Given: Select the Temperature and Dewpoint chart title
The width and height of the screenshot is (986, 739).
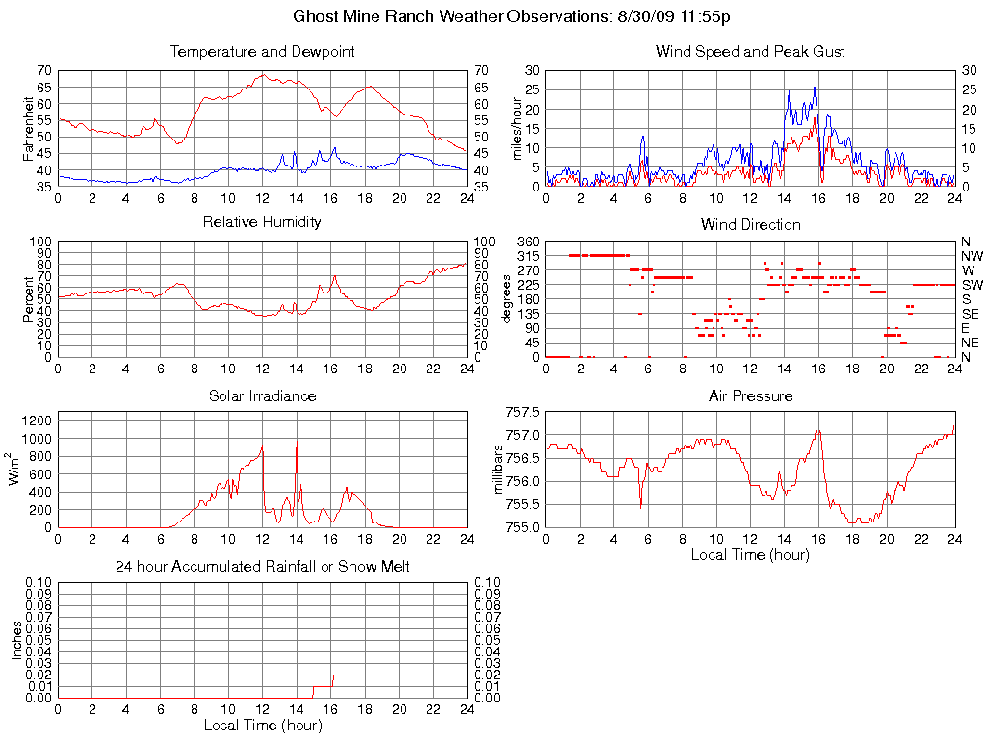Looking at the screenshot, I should [x=262, y=52].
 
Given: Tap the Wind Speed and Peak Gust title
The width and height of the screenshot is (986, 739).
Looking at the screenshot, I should [x=750, y=52].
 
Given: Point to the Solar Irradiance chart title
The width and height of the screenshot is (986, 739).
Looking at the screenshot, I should [x=262, y=395].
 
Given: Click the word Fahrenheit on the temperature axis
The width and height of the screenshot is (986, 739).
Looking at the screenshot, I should [x=29, y=128].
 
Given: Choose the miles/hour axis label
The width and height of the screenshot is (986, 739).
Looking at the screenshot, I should [x=517, y=128].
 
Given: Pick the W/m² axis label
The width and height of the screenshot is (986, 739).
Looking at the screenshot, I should [x=16, y=469].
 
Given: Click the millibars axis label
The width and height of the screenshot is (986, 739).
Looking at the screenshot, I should [x=498, y=469].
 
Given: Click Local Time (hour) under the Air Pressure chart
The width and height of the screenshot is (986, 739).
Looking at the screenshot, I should [x=750, y=554].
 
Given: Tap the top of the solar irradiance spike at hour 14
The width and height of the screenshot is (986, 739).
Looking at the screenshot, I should [x=296, y=442].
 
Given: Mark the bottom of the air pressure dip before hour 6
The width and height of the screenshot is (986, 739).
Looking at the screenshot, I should [x=640, y=507].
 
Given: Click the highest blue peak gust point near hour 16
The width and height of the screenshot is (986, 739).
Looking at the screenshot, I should [x=815, y=88].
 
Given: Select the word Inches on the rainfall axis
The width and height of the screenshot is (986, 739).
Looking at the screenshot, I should [x=16, y=639].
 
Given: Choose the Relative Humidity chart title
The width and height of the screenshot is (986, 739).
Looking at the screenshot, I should [x=262, y=222].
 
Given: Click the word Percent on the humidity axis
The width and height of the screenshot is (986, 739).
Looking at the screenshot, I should [x=29, y=299].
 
